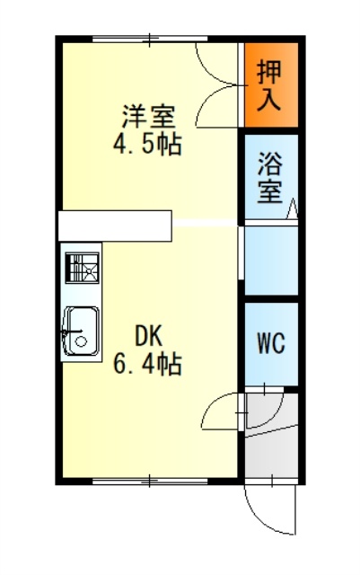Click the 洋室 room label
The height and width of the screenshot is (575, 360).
click(148, 116)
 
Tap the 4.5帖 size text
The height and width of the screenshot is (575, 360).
click(147, 145)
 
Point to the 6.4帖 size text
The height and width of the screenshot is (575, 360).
click(147, 364)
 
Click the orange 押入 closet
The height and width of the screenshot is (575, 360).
click(271, 84)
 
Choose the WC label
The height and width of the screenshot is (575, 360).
click(271, 343)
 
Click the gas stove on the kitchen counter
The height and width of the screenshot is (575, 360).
click(82, 268)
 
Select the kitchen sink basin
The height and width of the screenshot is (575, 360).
click(82, 332)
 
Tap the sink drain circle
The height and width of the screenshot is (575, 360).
click(81, 341)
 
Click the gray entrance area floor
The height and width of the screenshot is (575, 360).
click(271, 453)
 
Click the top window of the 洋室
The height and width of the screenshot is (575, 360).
click(150, 39)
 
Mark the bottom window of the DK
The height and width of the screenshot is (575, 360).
click(150, 482)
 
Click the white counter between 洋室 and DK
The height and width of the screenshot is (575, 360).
click(115, 226)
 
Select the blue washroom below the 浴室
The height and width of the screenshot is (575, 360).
click(271, 261)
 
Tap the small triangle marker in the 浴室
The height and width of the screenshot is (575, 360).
click(293, 209)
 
